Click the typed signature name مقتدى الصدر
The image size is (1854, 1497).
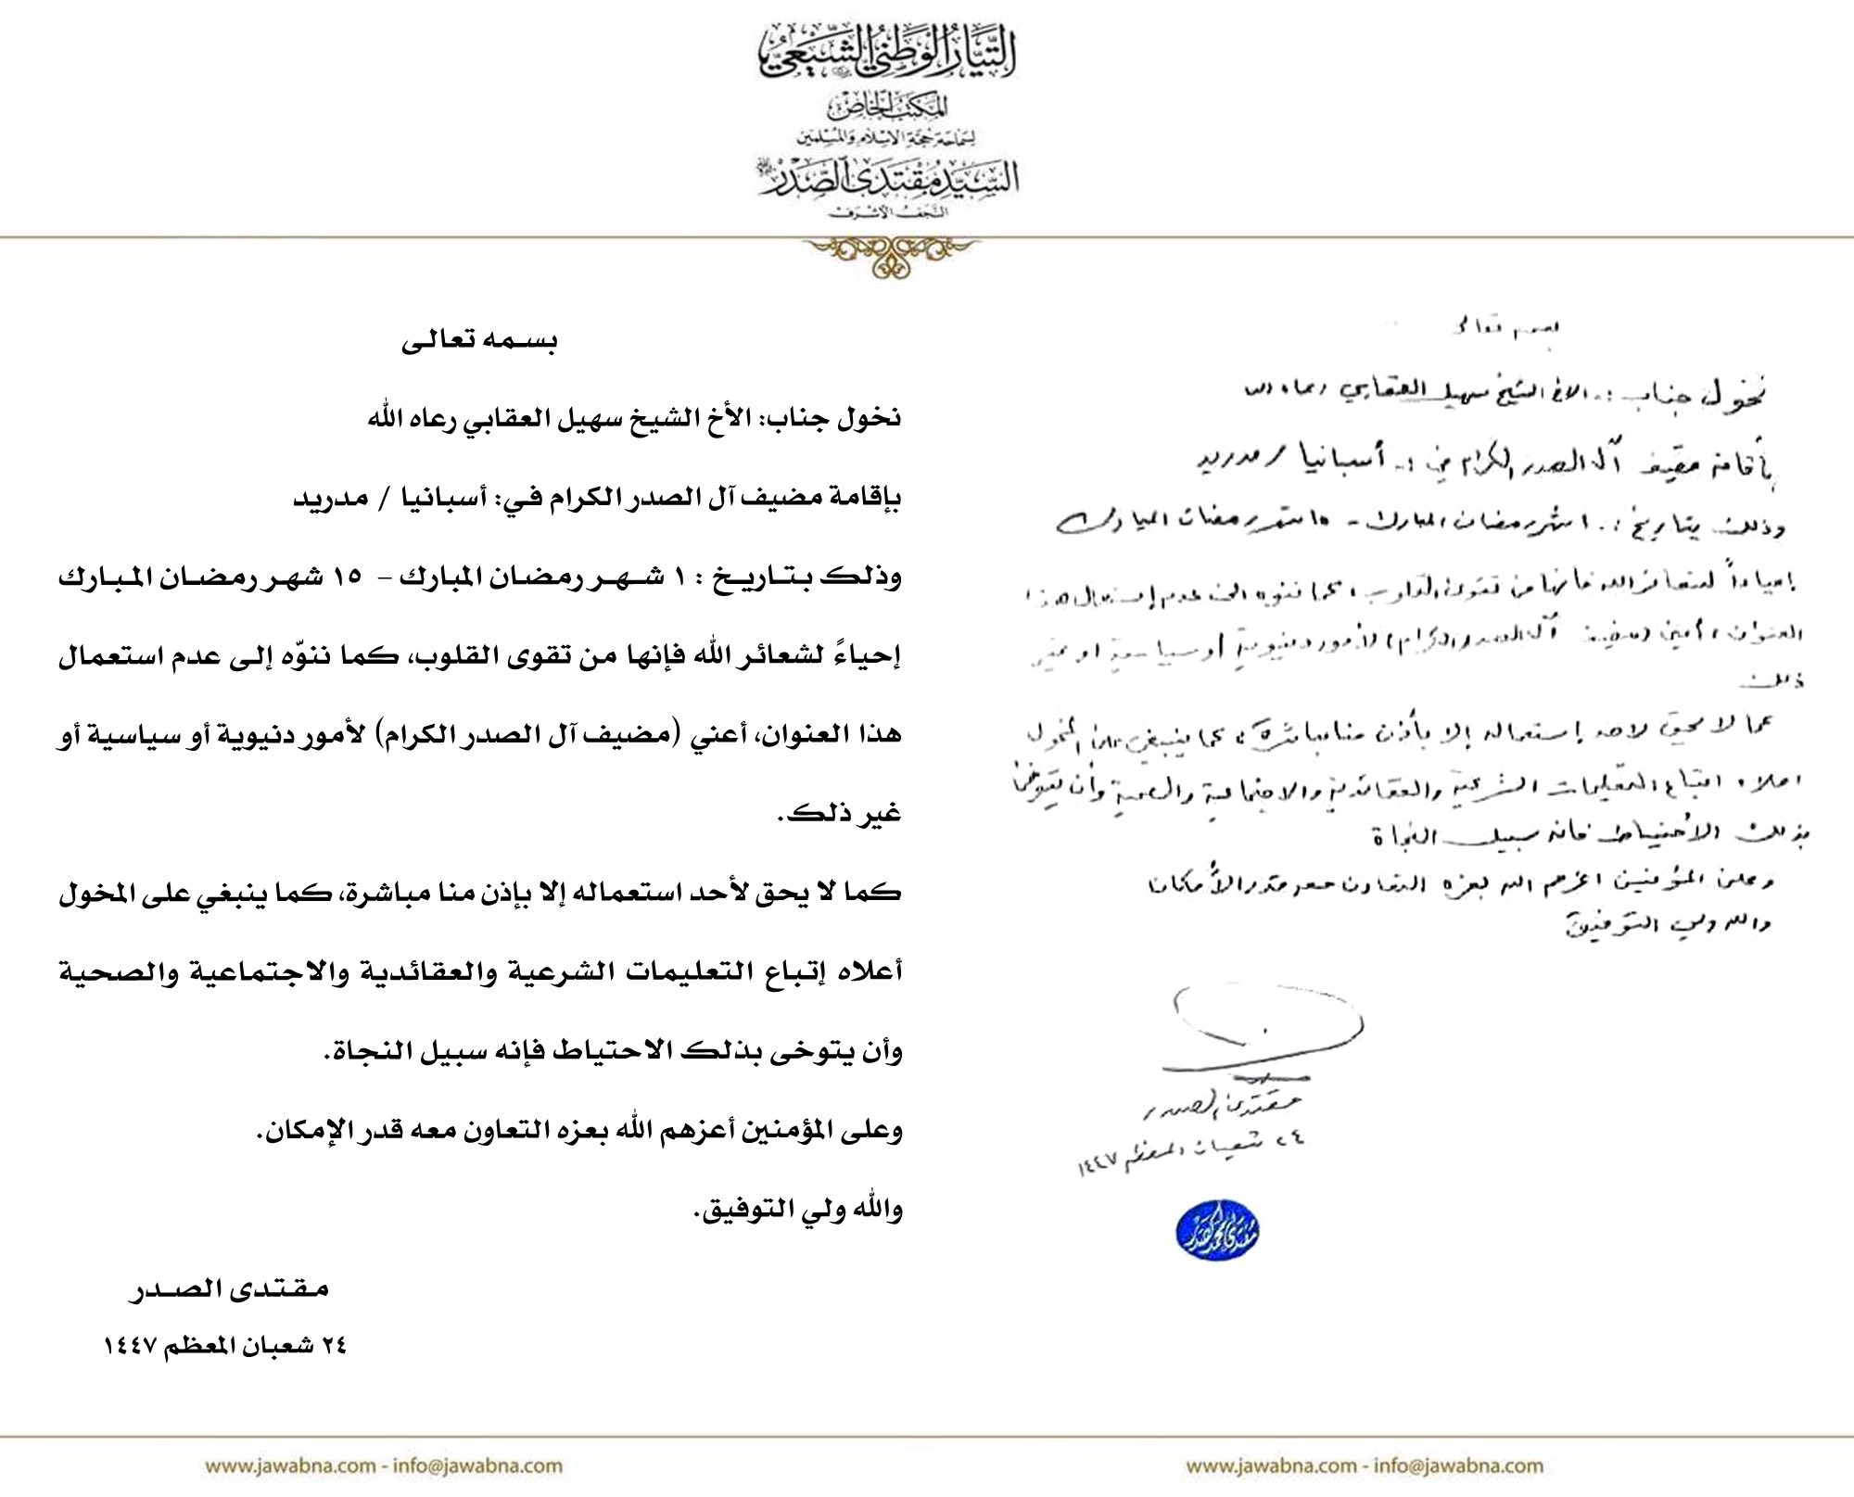(x=226, y=1289)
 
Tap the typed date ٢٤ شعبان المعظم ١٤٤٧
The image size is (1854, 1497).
(x=223, y=1346)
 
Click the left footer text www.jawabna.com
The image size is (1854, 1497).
(x=287, y=1465)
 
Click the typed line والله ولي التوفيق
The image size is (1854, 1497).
(x=797, y=1212)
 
